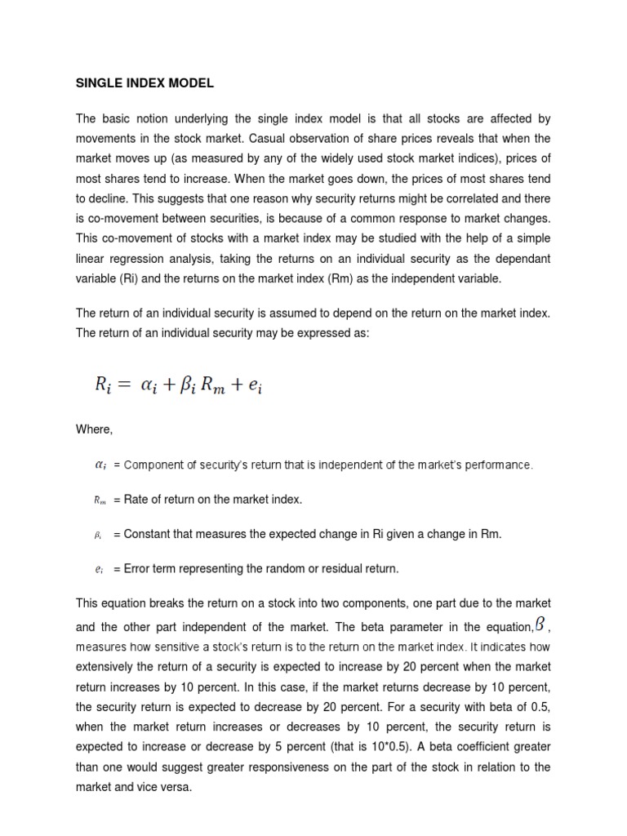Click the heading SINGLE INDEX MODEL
point(145,82)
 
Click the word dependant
point(518,258)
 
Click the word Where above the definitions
point(95,429)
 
